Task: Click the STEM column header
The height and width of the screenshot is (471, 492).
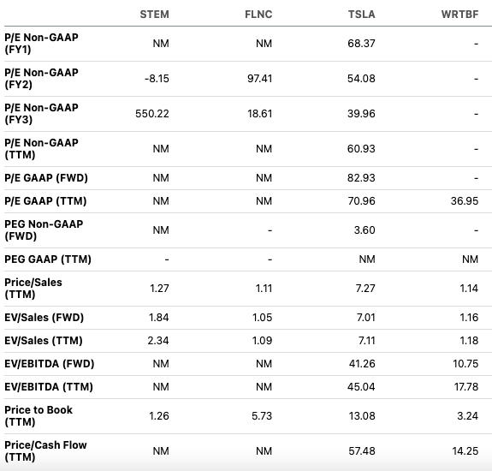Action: [154, 15]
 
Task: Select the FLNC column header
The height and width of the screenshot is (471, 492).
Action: [258, 15]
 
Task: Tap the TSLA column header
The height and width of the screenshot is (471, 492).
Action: [361, 15]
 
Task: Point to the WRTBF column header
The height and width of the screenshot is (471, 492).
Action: [459, 15]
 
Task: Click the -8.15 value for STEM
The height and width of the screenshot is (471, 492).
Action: [157, 79]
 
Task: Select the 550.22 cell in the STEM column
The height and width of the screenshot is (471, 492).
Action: [152, 114]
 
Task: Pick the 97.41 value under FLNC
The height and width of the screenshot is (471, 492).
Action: [260, 79]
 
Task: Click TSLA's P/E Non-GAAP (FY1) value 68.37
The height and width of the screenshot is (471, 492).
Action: [361, 44]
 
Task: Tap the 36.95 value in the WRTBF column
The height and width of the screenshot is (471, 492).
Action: [465, 201]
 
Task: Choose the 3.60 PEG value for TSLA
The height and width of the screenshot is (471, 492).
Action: [365, 230]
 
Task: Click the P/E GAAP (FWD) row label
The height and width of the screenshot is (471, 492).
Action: [46, 178]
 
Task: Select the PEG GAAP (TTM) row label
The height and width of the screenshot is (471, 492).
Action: [48, 259]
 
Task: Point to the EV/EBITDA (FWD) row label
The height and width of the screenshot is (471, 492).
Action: [50, 364]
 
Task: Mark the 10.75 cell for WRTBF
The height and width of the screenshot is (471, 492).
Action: [465, 364]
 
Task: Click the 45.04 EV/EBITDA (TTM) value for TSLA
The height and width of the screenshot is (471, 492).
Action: [361, 387]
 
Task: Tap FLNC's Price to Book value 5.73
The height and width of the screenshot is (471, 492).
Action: [262, 416]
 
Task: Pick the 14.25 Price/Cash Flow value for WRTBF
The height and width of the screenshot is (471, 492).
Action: [465, 451]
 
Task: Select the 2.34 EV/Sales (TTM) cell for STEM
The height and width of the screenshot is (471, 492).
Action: [158, 341]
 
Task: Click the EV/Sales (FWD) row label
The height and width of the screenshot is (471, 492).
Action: [44, 318]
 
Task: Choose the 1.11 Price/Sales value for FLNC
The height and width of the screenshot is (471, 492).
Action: [264, 289]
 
